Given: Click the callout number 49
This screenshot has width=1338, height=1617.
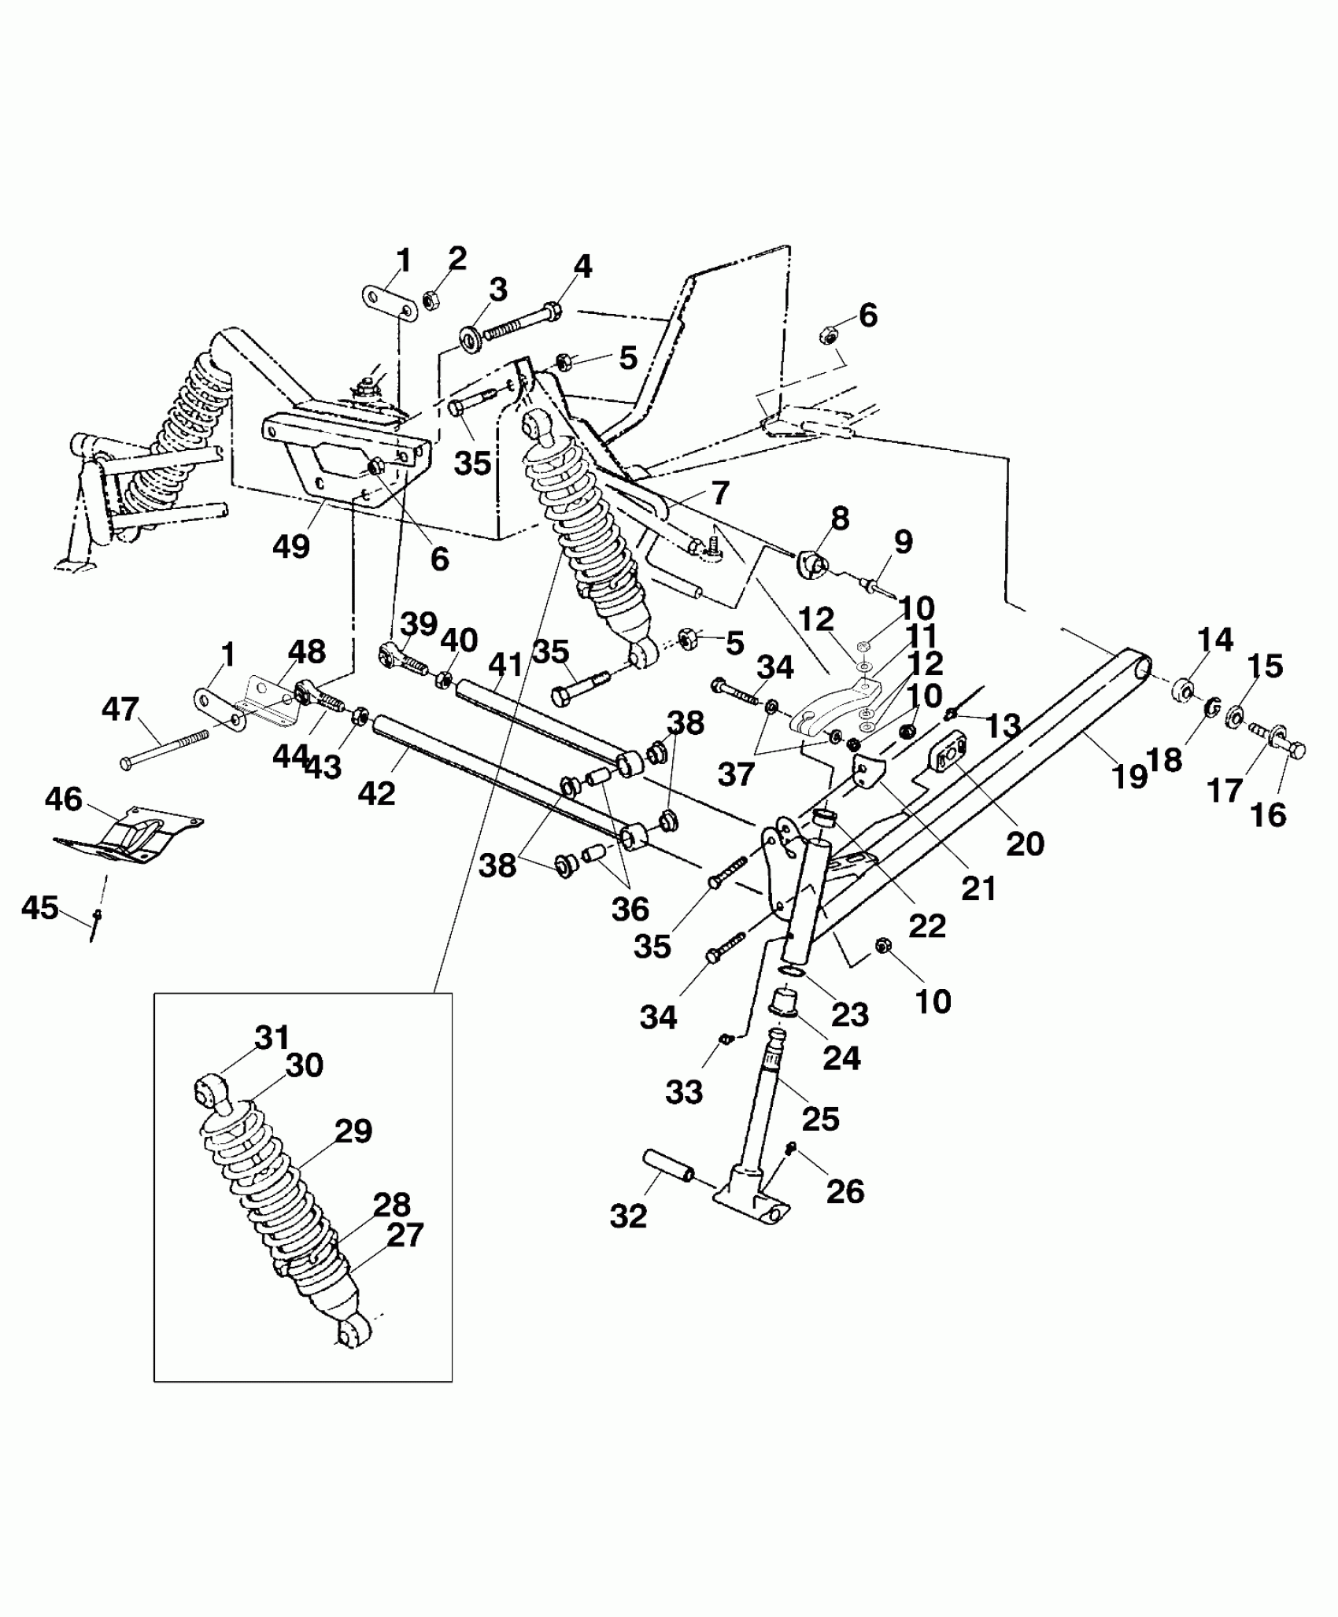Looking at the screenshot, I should [x=291, y=545].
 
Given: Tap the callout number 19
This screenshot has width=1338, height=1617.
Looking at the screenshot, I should [x=1129, y=777].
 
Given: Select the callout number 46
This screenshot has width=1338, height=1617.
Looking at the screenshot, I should [x=64, y=799].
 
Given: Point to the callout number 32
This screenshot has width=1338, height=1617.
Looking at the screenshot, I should [x=628, y=1216].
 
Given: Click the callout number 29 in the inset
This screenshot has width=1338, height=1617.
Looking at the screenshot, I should [x=353, y=1131].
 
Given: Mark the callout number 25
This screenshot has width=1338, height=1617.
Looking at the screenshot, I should [x=820, y=1118].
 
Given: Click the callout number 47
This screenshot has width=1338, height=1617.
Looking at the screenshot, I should [x=120, y=709].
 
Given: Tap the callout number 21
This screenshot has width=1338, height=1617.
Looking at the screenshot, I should [x=979, y=888].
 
